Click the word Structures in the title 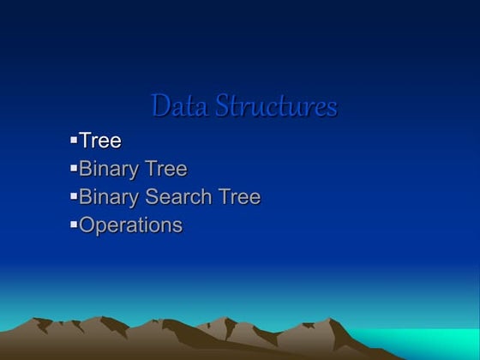coord(275,106)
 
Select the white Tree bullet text coord(100,141)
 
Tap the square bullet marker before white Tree coord(74,139)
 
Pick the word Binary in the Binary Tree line coord(110,169)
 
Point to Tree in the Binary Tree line coord(166,169)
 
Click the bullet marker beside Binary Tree coord(74,167)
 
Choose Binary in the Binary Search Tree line coord(110,197)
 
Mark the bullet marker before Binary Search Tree coord(74,195)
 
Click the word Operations coord(131,225)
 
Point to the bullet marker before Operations coord(74,224)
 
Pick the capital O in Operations coord(87,225)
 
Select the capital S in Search coord(153,197)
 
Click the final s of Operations coord(177,227)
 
